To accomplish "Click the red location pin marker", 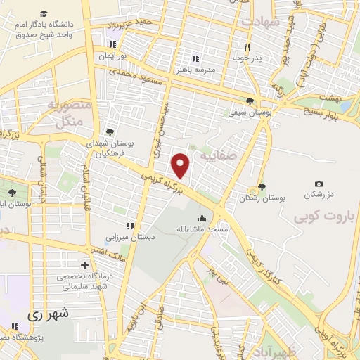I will pos(181,166).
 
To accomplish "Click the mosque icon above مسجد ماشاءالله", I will pos(202,218).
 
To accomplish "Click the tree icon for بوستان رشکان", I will pos(262,187).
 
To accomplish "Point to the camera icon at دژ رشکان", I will pos(319,184).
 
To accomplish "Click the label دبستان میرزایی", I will pos(129,238).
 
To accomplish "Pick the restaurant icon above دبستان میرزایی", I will pos(129,226).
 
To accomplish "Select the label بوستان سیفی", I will pos(243,112).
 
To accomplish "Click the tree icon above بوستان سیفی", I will pos(250,101).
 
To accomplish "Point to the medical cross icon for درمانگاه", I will pos(85,266).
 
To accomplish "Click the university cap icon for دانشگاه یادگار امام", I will pos(44,14).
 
